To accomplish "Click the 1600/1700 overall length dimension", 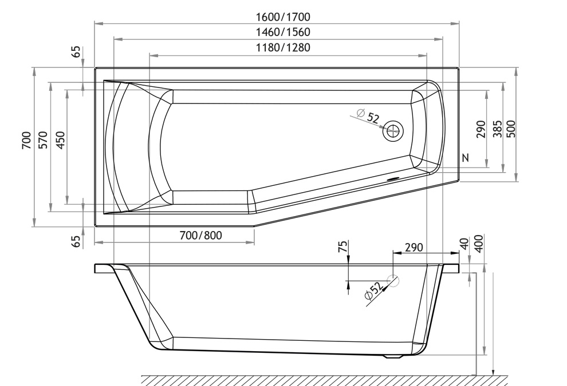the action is point(283,17).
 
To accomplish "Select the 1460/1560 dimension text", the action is point(283,32).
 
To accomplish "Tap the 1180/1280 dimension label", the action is point(283,47).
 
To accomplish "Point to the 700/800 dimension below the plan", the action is point(200,236).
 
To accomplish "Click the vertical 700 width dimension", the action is point(26,140).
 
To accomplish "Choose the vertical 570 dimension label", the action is point(43,140).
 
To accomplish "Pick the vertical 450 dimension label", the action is point(60,140).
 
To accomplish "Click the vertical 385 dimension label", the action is point(498,129).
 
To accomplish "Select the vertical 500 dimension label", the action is point(511,129).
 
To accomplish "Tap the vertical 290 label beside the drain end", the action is point(481,129).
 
